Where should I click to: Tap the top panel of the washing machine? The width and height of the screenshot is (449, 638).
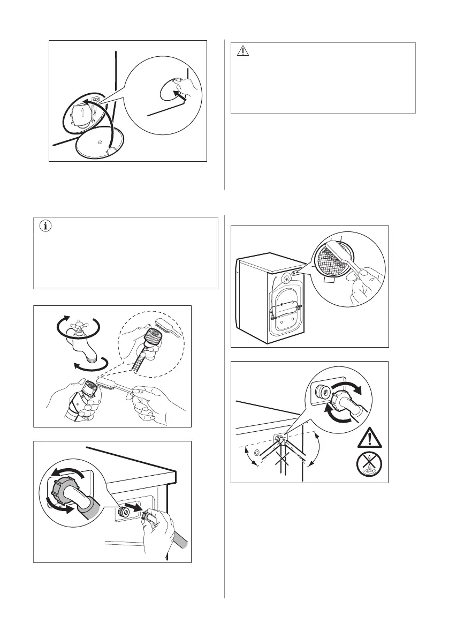(268, 259)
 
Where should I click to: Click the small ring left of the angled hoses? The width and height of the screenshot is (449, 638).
(257, 454)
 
